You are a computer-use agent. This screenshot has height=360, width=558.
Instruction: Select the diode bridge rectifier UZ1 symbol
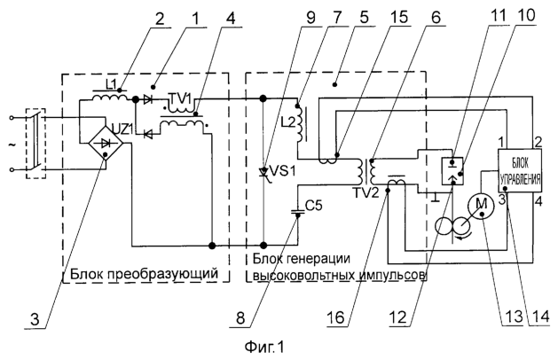coord(106,143)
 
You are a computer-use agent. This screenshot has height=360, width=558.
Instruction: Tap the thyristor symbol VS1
coord(263,173)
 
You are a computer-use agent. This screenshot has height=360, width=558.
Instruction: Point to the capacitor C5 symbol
coord(298,212)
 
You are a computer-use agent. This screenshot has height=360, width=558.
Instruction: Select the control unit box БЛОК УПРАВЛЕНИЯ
coord(520,171)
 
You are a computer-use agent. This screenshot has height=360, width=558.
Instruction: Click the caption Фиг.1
coord(264,347)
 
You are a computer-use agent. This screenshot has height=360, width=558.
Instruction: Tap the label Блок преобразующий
coord(144,274)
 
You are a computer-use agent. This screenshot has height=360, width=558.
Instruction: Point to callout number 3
coord(35,319)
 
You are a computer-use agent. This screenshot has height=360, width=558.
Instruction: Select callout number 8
coord(241,317)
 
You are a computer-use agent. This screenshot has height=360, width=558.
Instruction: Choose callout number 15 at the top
coord(398,16)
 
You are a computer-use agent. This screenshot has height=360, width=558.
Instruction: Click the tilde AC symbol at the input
coord(13,144)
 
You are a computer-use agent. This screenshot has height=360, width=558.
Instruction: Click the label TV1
coord(180,96)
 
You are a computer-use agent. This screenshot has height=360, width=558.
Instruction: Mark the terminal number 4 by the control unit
coord(538,201)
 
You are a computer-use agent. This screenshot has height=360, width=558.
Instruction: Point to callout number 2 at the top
coord(159,18)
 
